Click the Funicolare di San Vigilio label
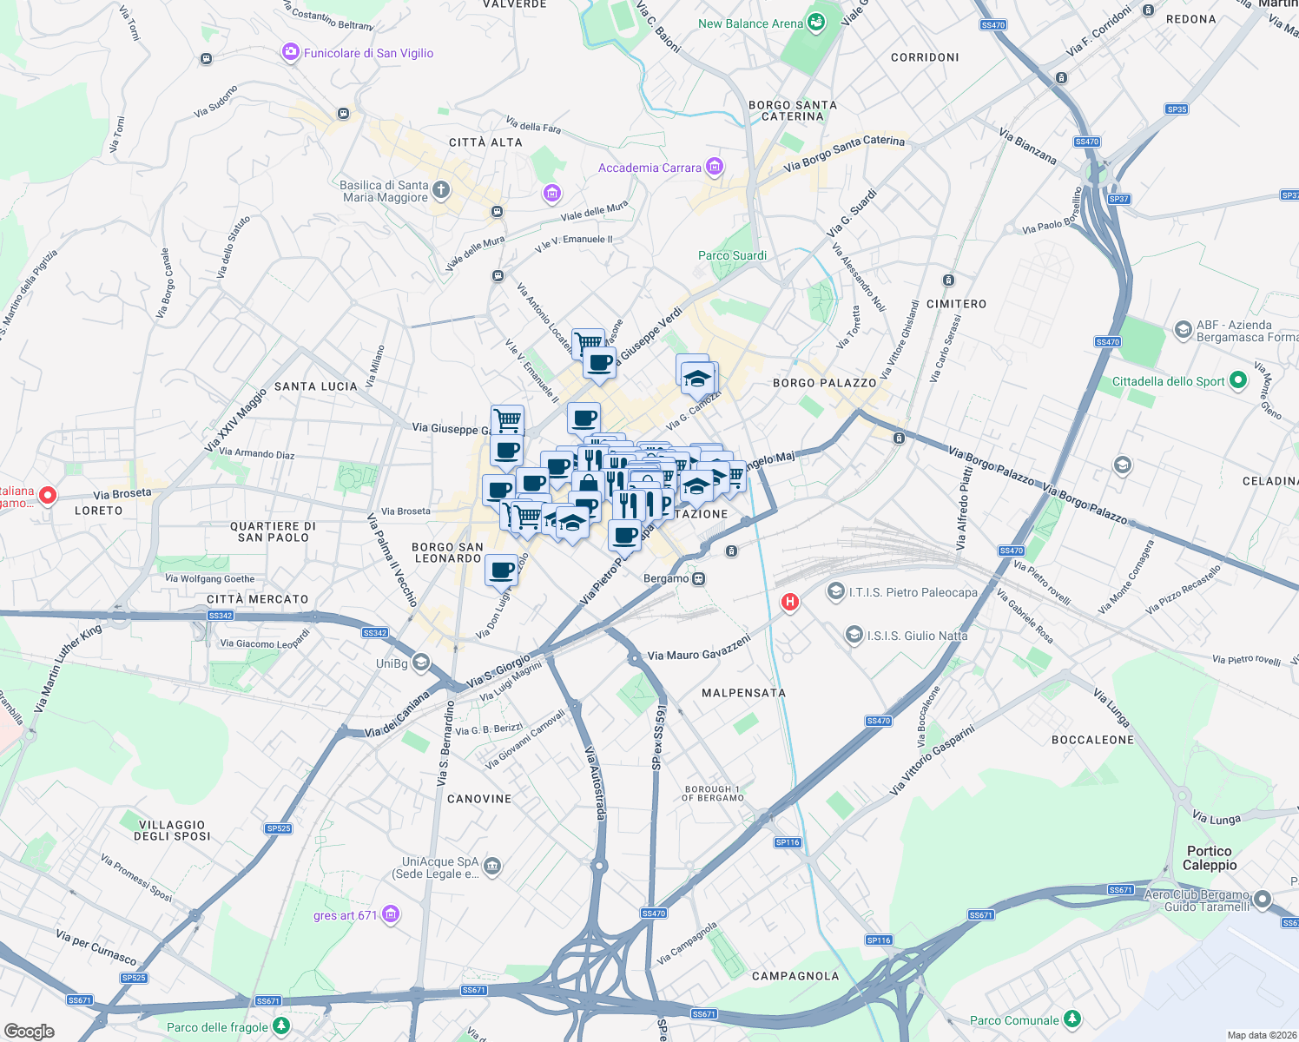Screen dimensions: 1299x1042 coord(368,53)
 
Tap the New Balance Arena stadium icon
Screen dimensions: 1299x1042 coord(816,23)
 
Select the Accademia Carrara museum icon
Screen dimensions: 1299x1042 coord(715,167)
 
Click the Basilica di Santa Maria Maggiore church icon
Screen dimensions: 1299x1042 coord(441,190)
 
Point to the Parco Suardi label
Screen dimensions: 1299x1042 coord(732,255)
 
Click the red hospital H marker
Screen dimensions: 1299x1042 coord(790,601)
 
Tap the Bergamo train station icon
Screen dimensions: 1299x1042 coord(698,578)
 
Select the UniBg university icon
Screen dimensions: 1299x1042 coord(421,663)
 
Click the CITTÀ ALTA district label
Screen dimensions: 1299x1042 coord(485,142)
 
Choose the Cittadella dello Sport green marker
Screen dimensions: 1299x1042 coord(1238,380)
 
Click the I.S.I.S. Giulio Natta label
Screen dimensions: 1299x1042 coord(917,636)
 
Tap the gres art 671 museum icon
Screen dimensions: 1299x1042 coord(391,914)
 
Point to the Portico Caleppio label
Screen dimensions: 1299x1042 coord(1210,858)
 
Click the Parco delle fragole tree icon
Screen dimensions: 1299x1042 coord(280,1026)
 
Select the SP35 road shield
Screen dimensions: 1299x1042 coord(1177,109)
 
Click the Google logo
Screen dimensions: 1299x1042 coord(30,1031)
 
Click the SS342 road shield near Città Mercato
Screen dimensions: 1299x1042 coord(221,616)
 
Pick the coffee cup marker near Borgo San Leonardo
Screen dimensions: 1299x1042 coord(502,570)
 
